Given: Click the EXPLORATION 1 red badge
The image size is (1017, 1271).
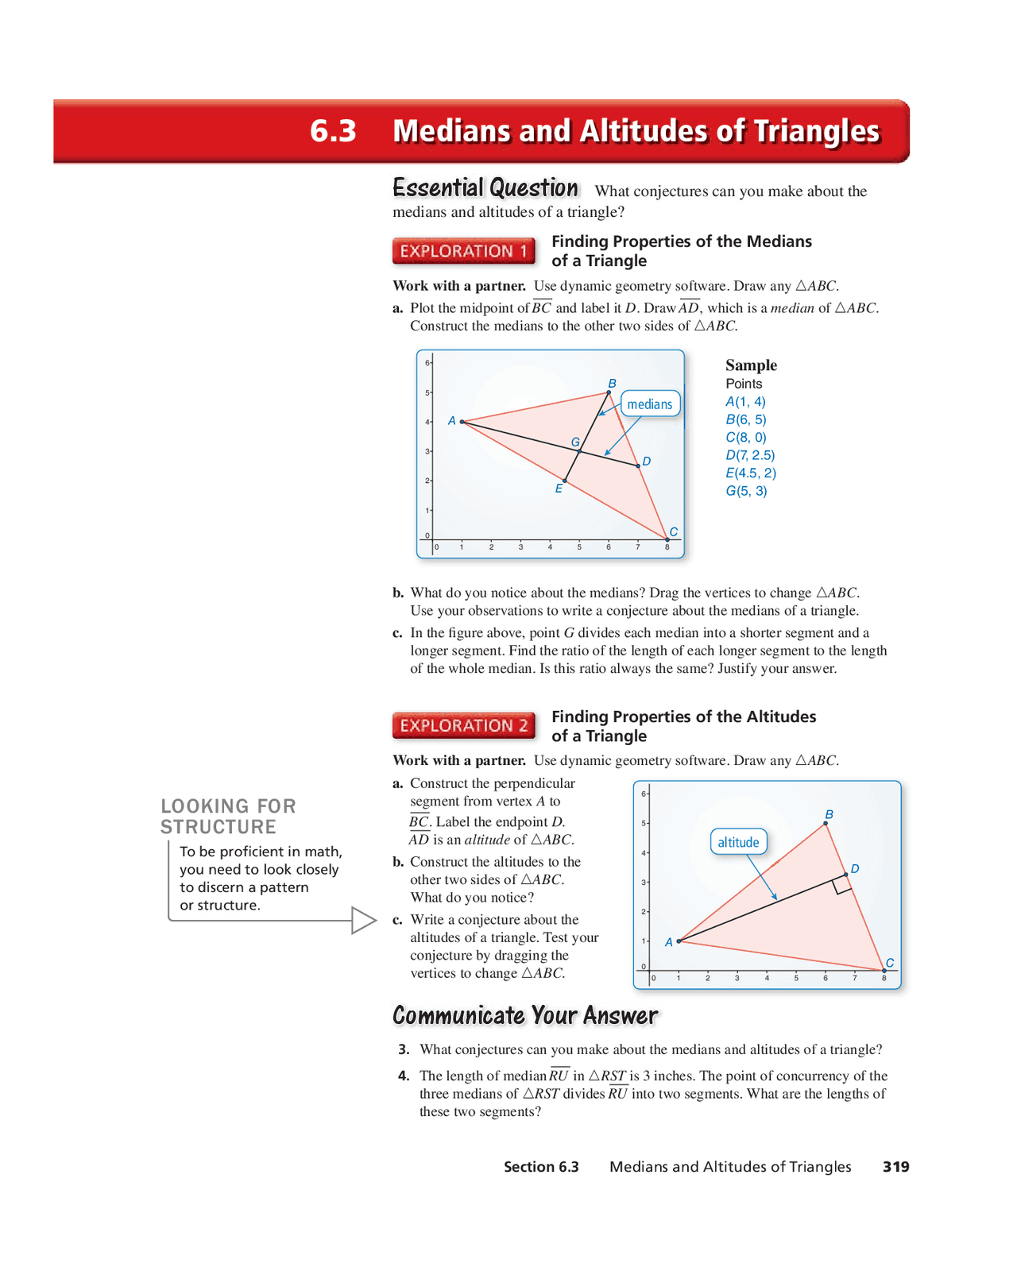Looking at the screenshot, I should pyautogui.click(x=463, y=251).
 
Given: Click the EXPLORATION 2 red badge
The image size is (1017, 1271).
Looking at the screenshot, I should pyautogui.click(x=463, y=725).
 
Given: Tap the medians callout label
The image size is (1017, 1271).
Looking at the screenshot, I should pyautogui.click(x=650, y=404).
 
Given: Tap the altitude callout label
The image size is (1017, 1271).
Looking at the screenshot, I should pyautogui.click(x=738, y=842).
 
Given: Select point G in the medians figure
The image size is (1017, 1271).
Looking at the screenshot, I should pyautogui.click(x=580, y=451).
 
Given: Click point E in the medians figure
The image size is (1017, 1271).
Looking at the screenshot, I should pyautogui.click(x=565, y=481).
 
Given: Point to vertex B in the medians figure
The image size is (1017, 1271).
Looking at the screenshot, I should pyautogui.click(x=609, y=392).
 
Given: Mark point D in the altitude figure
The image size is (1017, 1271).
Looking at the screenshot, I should pyautogui.click(x=845, y=875).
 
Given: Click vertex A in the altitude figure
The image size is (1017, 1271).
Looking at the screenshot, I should pyautogui.click(x=679, y=941).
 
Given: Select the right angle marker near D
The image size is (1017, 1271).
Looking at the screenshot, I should pyautogui.click(x=842, y=886).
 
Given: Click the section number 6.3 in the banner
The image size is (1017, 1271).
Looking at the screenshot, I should pyautogui.click(x=333, y=131).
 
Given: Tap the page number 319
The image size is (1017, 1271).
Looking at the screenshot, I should pyautogui.click(x=895, y=1166).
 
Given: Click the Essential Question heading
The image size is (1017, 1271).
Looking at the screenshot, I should pyautogui.click(x=485, y=188).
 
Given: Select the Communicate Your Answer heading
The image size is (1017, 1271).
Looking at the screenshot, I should pyautogui.click(x=525, y=1015).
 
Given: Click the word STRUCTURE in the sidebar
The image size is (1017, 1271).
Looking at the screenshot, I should pyautogui.click(x=218, y=827).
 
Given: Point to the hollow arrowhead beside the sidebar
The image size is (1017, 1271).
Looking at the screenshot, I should pyautogui.click(x=362, y=921).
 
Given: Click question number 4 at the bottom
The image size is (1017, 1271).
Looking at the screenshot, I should pyautogui.click(x=404, y=1076).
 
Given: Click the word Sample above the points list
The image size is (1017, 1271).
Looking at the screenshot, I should pyautogui.click(x=751, y=365).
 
